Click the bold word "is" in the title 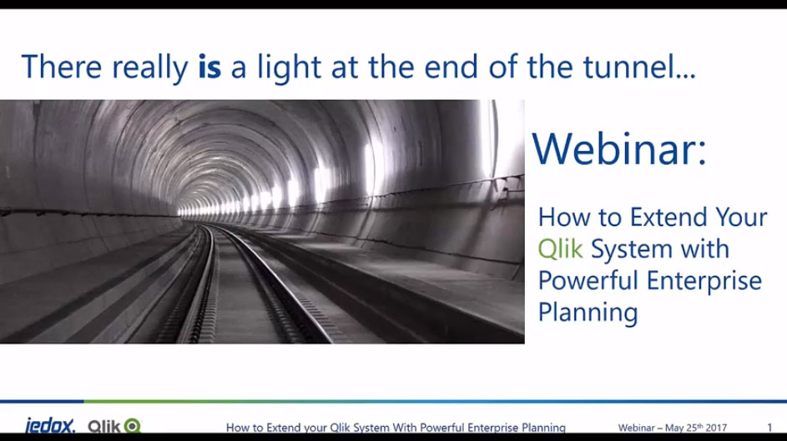pos(209,67)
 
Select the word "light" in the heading pos(289,68)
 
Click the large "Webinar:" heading pos(619,148)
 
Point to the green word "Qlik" pos(560,248)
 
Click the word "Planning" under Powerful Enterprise pos(588,313)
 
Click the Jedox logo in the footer pos(50,426)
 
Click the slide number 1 pos(769,428)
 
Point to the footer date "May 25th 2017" pos(696,428)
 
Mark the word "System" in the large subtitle pos(632,249)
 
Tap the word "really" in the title pos(150,68)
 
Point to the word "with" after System pos(704,248)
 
